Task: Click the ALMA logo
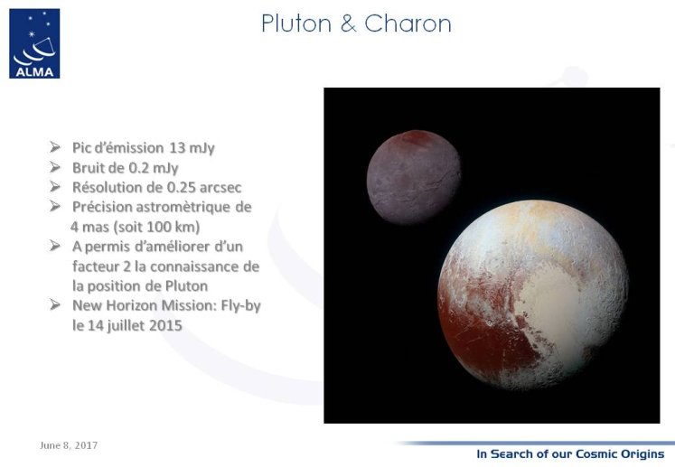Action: (x=34, y=43)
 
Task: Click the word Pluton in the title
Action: (x=296, y=23)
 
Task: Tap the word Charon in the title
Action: (x=408, y=23)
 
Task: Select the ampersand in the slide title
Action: (x=348, y=23)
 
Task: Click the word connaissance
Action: (x=192, y=266)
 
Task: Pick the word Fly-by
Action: (x=241, y=306)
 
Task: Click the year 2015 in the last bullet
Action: (x=165, y=325)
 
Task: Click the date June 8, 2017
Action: (x=69, y=445)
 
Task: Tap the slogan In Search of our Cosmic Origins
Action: (x=570, y=454)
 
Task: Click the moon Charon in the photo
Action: (x=414, y=177)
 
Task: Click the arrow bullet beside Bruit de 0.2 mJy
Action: (x=55, y=167)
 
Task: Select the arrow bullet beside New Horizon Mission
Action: (x=55, y=305)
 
